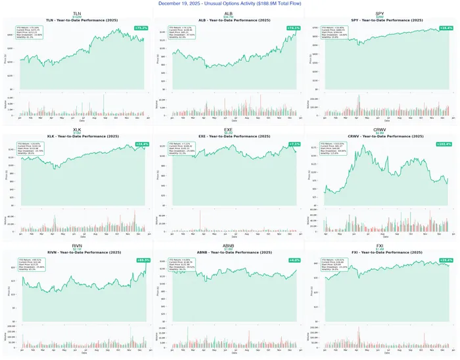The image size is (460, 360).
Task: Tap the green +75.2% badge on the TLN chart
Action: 141,28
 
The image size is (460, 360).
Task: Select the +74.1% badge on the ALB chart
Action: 293,28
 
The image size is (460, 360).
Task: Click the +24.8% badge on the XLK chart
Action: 141,144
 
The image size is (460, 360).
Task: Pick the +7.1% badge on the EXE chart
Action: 294,144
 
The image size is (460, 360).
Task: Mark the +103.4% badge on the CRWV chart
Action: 445,144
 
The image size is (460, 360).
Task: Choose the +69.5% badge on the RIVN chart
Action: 141,259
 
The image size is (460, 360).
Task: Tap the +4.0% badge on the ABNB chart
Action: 294,259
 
